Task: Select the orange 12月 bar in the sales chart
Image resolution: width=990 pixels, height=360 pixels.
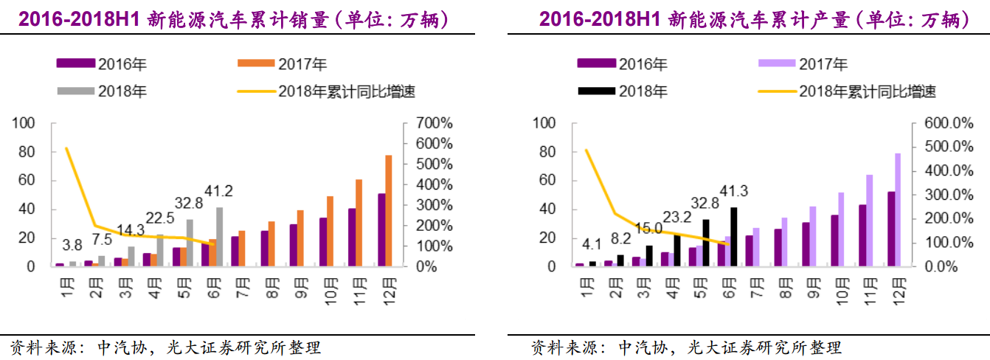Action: click(x=388, y=210)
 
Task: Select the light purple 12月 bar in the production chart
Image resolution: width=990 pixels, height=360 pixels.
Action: click(x=898, y=210)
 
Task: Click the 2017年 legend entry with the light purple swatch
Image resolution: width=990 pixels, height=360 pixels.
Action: click(x=803, y=64)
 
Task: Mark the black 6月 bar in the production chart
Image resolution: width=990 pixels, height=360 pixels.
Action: click(x=733, y=236)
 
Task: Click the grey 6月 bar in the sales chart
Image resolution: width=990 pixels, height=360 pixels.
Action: click(x=219, y=236)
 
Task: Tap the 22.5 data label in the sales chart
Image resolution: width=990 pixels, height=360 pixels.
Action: click(x=160, y=218)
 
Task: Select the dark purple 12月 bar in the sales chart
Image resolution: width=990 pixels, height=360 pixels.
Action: click(x=381, y=229)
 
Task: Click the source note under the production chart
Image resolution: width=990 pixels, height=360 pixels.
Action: click(x=685, y=347)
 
